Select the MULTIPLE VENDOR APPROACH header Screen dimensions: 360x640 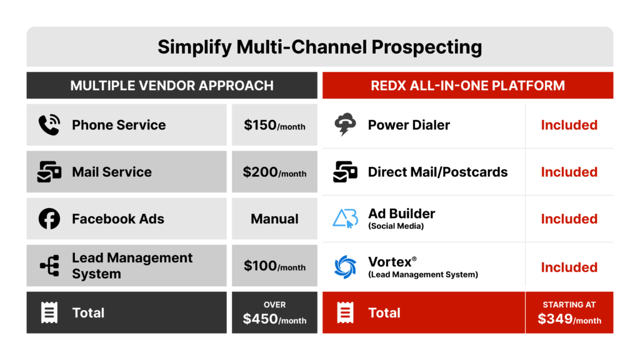(x=172, y=86)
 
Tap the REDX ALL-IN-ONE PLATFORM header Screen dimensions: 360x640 (x=467, y=86)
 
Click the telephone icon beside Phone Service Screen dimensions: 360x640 (x=49, y=125)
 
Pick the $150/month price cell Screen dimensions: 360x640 (x=274, y=125)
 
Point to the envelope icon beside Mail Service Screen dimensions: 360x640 (x=49, y=172)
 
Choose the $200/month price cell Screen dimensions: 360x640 (x=274, y=172)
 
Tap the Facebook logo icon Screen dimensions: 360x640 (x=49, y=219)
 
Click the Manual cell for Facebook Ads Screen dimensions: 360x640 (x=274, y=219)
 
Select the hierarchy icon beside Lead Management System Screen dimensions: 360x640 (x=49, y=266)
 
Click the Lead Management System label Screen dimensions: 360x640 (x=132, y=266)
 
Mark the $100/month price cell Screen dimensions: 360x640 (x=274, y=266)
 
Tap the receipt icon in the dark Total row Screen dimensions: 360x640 (x=49, y=312)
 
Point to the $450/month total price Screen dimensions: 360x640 (x=274, y=319)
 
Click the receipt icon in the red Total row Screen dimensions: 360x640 (x=345, y=312)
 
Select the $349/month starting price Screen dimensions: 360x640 (x=569, y=319)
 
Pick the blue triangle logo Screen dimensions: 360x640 (x=345, y=219)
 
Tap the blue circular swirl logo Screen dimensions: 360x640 (x=345, y=267)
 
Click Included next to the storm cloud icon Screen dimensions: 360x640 (x=569, y=125)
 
